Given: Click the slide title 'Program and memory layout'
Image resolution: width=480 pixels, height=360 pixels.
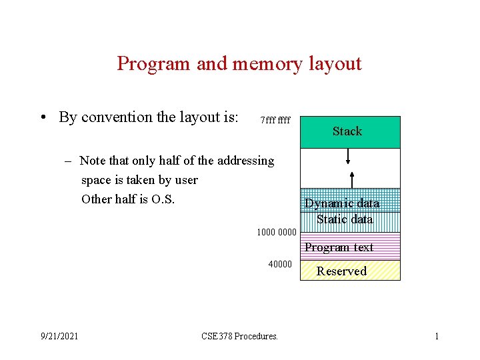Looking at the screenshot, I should coord(239,64).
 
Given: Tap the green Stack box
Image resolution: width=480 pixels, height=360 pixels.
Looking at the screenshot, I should coord(350,132).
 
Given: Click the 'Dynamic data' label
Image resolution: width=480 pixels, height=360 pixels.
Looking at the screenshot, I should coord(342,203).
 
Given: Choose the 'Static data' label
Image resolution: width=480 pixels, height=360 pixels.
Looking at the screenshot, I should coord(345,219).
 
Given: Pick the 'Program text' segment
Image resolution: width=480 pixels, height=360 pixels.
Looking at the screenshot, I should coord(339,247).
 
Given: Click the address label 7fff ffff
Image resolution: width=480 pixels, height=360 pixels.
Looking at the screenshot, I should coord(275,121).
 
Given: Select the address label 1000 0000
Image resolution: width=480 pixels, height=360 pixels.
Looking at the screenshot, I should coord(276,232).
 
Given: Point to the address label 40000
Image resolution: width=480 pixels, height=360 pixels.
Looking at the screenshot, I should coord(280,265).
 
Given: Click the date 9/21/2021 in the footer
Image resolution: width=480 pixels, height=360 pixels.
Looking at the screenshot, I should coord(59,336).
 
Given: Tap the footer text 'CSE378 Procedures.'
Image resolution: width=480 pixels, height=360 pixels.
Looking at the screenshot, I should coord(239,336).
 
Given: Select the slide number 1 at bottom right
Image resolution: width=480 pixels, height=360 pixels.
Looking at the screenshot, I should coord(437,336).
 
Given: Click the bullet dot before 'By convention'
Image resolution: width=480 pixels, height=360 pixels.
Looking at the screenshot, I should coord(42,118).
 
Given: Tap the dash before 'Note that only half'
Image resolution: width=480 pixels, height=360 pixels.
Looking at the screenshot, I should coord(69,161).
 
